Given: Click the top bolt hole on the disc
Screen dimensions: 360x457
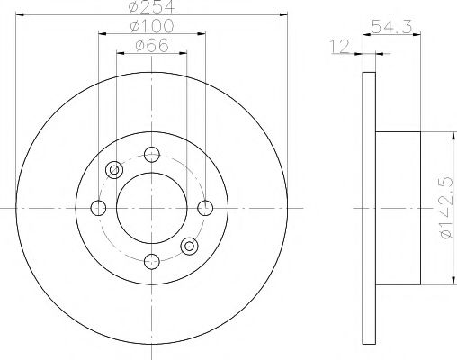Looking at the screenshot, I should (x=151, y=153).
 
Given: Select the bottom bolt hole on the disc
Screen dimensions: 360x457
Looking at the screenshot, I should (x=151, y=262).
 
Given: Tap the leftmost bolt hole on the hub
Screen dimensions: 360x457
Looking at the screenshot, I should (x=98, y=208).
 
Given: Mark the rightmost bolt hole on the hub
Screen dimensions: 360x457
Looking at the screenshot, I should (x=206, y=208).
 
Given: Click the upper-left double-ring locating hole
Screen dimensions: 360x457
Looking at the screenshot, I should (x=114, y=169).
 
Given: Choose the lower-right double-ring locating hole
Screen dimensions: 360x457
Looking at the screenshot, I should (x=189, y=246).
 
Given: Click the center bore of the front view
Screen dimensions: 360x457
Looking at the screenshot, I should (x=151, y=208).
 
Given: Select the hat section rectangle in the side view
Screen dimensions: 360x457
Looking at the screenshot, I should (x=395, y=208).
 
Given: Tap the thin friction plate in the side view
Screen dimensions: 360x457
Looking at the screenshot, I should (x=366, y=208).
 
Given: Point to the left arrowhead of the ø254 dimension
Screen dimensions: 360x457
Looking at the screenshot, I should (x=19, y=16).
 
